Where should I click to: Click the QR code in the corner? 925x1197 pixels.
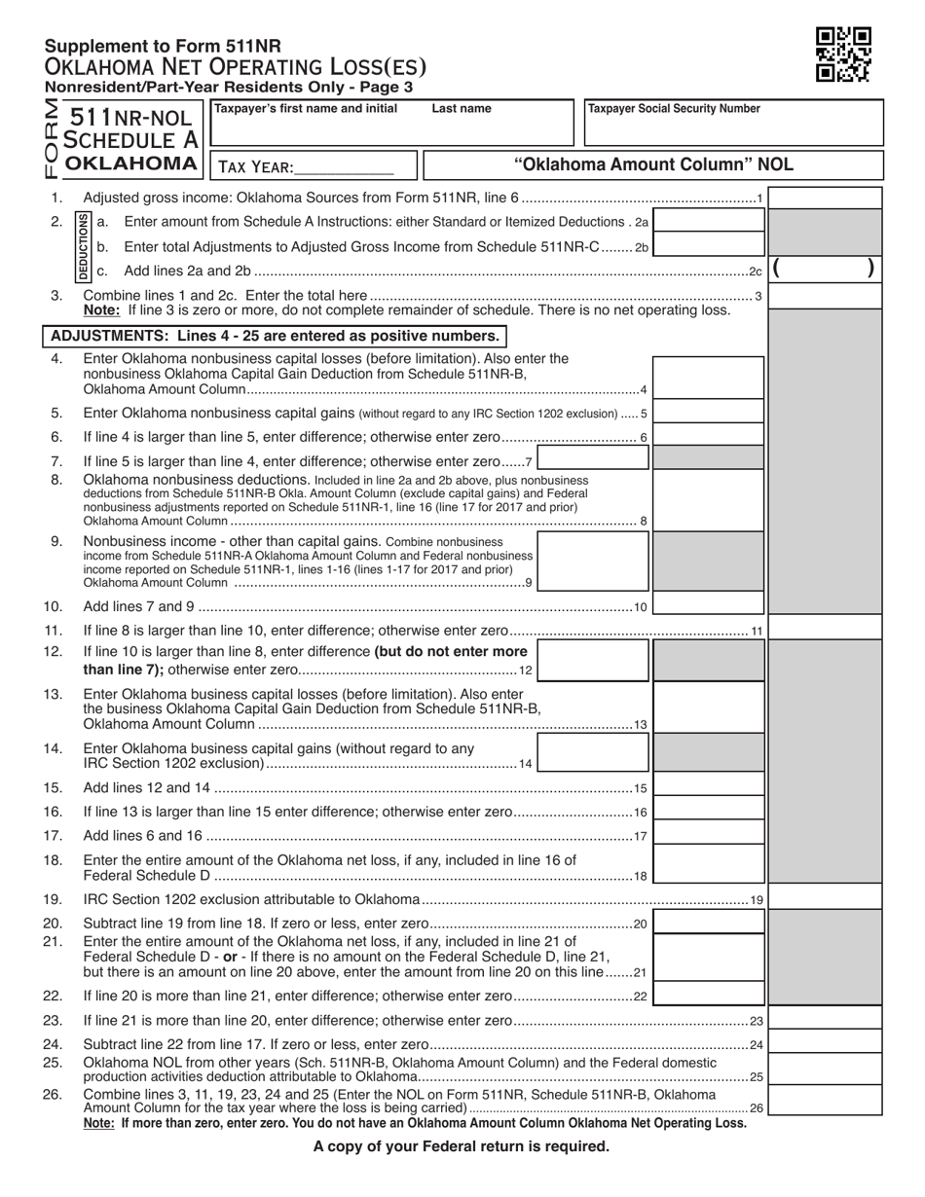click(x=842, y=54)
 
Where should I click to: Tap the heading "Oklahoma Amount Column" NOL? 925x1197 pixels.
click(x=653, y=164)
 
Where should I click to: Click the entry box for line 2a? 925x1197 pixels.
click(x=709, y=222)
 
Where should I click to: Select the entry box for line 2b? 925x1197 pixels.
click(x=709, y=246)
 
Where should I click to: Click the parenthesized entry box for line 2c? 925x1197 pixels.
click(x=826, y=270)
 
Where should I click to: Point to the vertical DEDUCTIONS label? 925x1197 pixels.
click(x=85, y=245)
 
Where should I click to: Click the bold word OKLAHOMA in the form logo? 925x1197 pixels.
click(x=130, y=163)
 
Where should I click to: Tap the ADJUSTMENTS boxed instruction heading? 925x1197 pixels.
click(x=276, y=336)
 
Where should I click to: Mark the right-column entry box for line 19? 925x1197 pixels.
click(x=826, y=898)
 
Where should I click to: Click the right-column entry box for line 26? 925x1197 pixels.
click(x=826, y=1100)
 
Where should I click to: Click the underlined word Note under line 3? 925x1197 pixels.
click(x=101, y=310)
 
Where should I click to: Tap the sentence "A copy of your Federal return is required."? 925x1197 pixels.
click(x=462, y=1146)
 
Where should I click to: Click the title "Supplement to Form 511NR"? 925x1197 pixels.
click(x=163, y=46)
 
